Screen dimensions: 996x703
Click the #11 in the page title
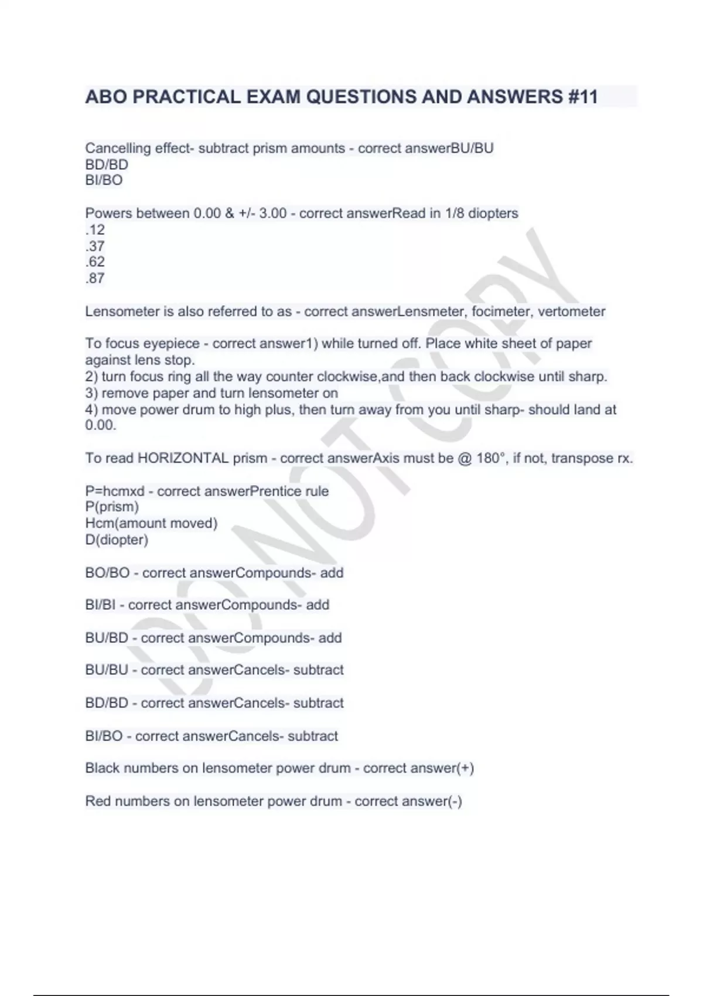click(x=583, y=97)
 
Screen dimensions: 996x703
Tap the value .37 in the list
click(x=95, y=246)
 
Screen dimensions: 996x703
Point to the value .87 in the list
click(x=95, y=278)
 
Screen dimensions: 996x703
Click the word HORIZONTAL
click(x=183, y=458)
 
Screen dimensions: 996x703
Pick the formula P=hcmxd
click(x=115, y=491)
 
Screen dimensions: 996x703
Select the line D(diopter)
click(x=117, y=540)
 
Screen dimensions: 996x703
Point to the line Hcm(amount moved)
click(x=151, y=523)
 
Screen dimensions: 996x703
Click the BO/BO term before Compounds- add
click(x=107, y=573)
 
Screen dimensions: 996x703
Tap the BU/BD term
click(x=107, y=638)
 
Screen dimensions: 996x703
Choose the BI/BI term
click(x=100, y=605)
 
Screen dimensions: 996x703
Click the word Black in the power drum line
click(x=102, y=768)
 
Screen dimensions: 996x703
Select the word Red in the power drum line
click(x=97, y=801)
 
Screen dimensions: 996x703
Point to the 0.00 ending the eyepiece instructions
click(x=100, y=425)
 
